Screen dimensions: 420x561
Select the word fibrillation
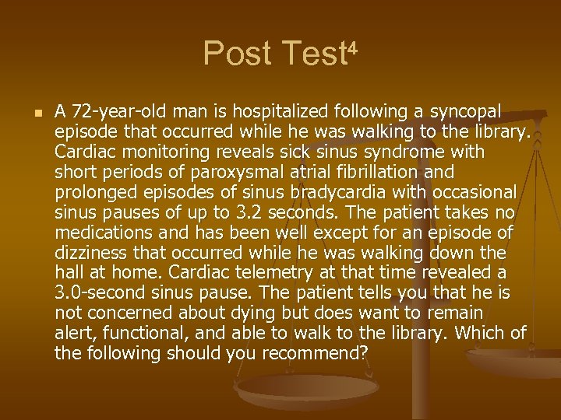(392, 172)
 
